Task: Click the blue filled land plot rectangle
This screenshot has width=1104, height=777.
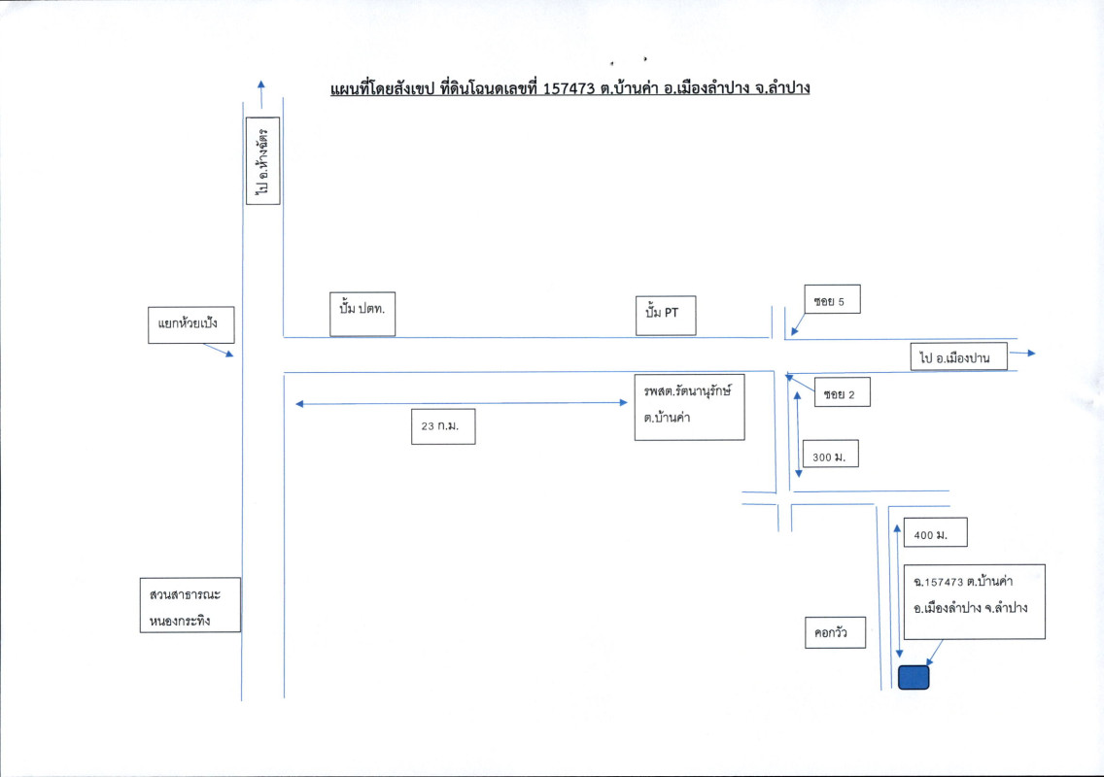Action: [x=914, y=677]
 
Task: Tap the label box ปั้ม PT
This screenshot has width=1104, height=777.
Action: [x=666, y=314]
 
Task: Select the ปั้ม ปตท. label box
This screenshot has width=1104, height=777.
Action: [x=362, y=313]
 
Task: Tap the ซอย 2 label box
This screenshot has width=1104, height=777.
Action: [x=842, y=393]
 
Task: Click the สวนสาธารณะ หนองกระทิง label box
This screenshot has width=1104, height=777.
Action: [x=190, y=605]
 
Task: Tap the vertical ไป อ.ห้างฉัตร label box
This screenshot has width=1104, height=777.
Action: [x=263, y=161]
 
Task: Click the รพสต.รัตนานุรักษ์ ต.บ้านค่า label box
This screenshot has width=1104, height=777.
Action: [x=689, y=405]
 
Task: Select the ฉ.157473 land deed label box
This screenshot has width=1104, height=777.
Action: [x=973, y=601]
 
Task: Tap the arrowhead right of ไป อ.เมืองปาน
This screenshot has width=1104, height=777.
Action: [x=1029, y=353]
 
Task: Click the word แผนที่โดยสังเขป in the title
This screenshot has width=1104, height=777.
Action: [x=383, y=88]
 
